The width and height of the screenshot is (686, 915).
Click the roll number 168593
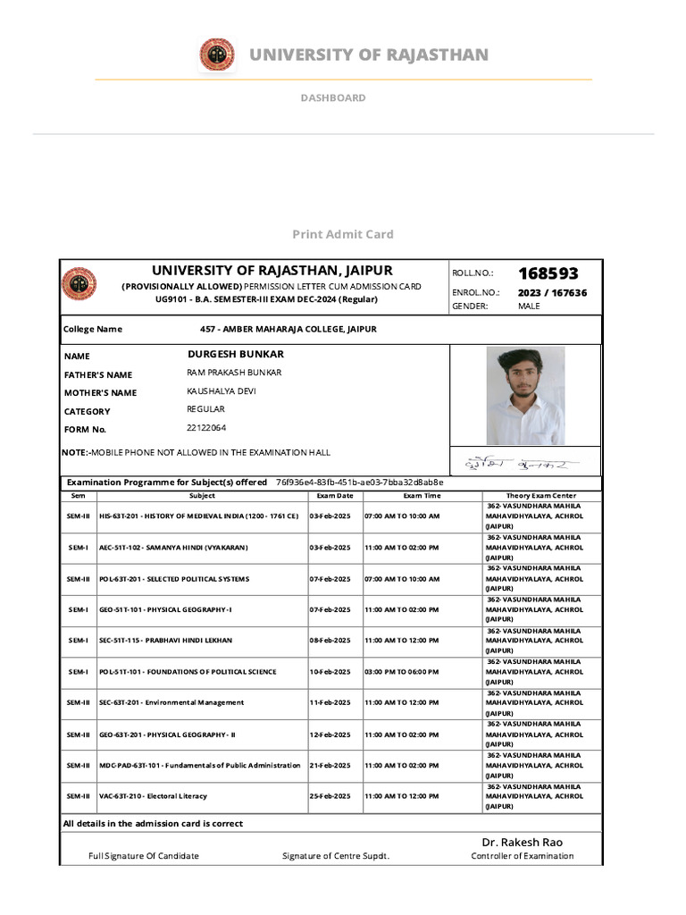click(x=548, y=273)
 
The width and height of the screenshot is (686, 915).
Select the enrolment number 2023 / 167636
click(x=552, y=293)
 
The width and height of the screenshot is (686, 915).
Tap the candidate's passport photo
click(x=525, y=396)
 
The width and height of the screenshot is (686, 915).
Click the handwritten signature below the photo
click(x=521, y=464)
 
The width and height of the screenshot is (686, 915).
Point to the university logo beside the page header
click(x=213, y=55)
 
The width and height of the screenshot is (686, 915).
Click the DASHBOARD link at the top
click(x=332, y=97)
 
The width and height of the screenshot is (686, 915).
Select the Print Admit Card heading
click(x=343, y=234)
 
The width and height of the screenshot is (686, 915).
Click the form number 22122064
click(x=206, y=428)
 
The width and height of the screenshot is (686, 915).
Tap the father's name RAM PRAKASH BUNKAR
click(x=234, y=373)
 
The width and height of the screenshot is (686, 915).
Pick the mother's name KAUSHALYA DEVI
click(x=221, y=391)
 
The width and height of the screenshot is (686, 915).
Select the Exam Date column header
click(x=335, y=495)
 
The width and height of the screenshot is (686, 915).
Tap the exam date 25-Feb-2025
click(x=330, y=796)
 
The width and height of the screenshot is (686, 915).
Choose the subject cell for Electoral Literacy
click(x=153, y=796)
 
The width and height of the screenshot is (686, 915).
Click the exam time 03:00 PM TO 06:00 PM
click(x=401, y=672)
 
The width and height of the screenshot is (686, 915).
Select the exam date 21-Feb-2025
click(x=330, y=766)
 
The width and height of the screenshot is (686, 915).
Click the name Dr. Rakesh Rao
click(x=523, y=842)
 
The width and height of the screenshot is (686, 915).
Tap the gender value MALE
click(x=529, y=306)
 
